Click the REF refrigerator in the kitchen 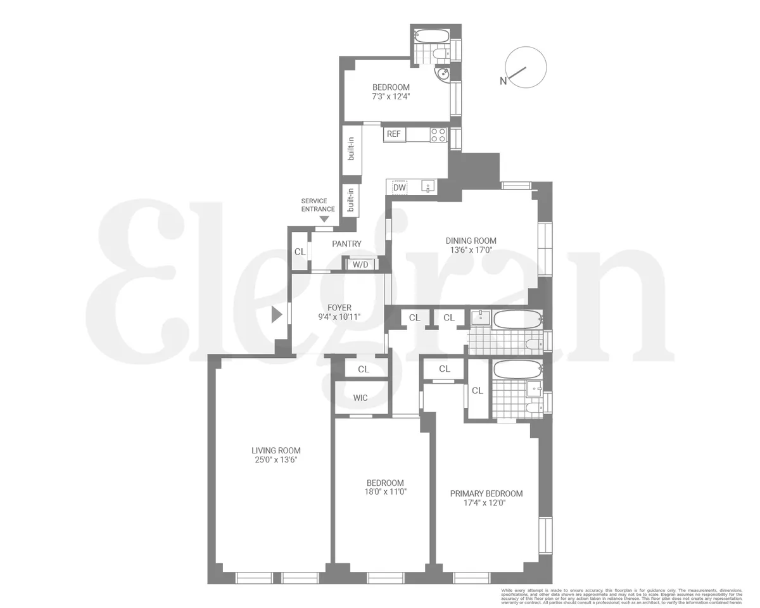click(x=394, y=134)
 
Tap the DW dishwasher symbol click(x=399, y=187)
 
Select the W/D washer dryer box click(x=360, y=264)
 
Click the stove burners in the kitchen click(x=438, y=134)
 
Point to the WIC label click(x=360, y=398)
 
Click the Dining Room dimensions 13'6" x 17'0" click(x=471, y=250)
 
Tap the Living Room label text click(x=275, y=450)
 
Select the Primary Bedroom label click(x=486, y=493)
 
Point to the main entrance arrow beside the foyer click(x=276, y=314)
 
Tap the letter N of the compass click(x=503, y=80)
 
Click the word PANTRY click(x=346, y=244)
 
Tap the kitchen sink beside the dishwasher click(x=429, y=187)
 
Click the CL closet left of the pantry click(x=300, y=251)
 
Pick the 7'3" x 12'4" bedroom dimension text click(x=391, y=97)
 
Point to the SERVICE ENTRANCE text click(x=318, y=205)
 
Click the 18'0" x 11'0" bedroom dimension click(x=384, y=491)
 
